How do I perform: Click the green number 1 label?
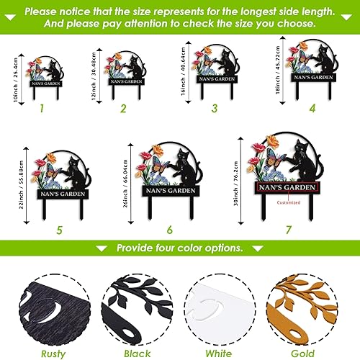(x=42, y=109)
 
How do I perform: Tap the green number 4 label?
(x=312, y=109)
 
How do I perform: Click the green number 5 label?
(x=60, y=230)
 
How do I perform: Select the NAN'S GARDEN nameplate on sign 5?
(x=59, y=192)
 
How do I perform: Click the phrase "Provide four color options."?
(x=180, y=248)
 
